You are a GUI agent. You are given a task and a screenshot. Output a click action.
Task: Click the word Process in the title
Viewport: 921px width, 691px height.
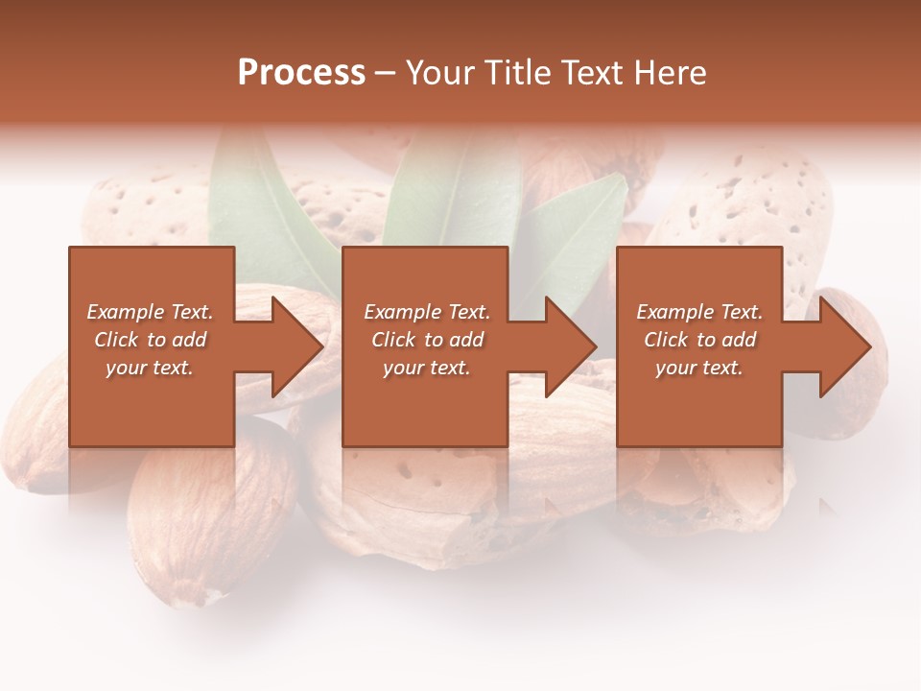301,73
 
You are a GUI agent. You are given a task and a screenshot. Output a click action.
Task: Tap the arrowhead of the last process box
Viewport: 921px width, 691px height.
843,346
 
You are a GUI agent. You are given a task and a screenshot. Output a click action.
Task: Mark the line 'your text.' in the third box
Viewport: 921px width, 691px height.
698,368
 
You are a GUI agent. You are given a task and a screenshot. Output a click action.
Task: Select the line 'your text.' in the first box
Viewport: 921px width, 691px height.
150,368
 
